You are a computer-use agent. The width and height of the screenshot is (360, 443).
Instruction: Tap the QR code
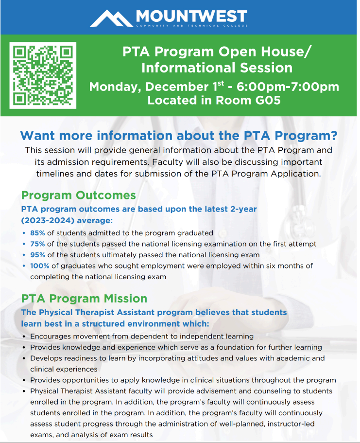click(x=43, y=75)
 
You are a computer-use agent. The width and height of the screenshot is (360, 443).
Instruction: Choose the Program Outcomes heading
click(x=78, y=195)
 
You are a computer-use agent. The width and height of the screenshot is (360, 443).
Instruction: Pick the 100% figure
click(x=39, y=266)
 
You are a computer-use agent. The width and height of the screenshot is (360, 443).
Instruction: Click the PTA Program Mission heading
click(x=84, y=298)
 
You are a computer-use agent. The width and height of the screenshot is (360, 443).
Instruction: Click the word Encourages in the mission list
click(x=51, y=336)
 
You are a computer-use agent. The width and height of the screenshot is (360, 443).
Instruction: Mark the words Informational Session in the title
click(x=217, y=68)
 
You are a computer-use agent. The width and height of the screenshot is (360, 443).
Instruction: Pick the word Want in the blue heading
click(x=39, y=135)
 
